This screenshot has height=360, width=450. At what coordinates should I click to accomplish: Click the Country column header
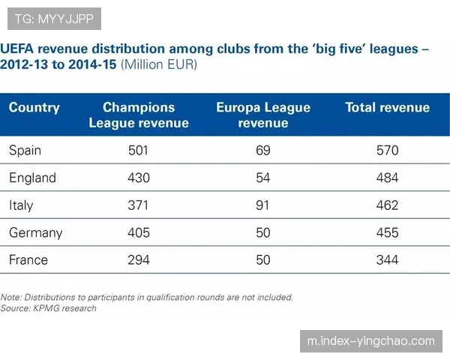pos(34,108)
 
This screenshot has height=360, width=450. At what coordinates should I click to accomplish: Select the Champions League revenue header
pos(139,115)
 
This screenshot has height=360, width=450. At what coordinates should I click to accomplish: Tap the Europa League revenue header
pos(263,115)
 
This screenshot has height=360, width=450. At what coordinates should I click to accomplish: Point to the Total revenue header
pos(387,108)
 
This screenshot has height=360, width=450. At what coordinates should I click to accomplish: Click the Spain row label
pos(25,151)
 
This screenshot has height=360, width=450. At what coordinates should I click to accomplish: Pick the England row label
pos(32,178)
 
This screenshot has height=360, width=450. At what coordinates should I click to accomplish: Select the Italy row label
pos(21,205)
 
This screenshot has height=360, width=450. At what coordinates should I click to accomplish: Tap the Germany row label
pos(35,232)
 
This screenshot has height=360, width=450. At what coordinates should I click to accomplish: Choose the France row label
pos(28,260)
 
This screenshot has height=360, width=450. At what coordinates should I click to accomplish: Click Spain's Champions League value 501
pos(139,151)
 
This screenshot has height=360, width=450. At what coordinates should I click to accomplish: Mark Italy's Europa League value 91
pos(263,205)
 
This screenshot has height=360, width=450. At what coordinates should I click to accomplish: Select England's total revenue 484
pos(388,178)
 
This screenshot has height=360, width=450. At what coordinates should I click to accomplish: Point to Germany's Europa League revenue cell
pos(263,232)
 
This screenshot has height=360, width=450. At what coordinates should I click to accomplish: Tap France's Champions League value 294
pos(139,260)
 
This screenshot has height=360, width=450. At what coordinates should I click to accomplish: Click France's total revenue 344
pos(388,260)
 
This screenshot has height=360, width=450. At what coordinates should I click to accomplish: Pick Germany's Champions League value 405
pos(139,232)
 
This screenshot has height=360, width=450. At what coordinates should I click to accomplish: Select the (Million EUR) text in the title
pos(159,65)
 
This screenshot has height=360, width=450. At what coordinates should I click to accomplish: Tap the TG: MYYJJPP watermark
pos(54,19)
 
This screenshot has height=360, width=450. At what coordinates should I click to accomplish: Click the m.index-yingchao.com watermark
pos(371,341)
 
